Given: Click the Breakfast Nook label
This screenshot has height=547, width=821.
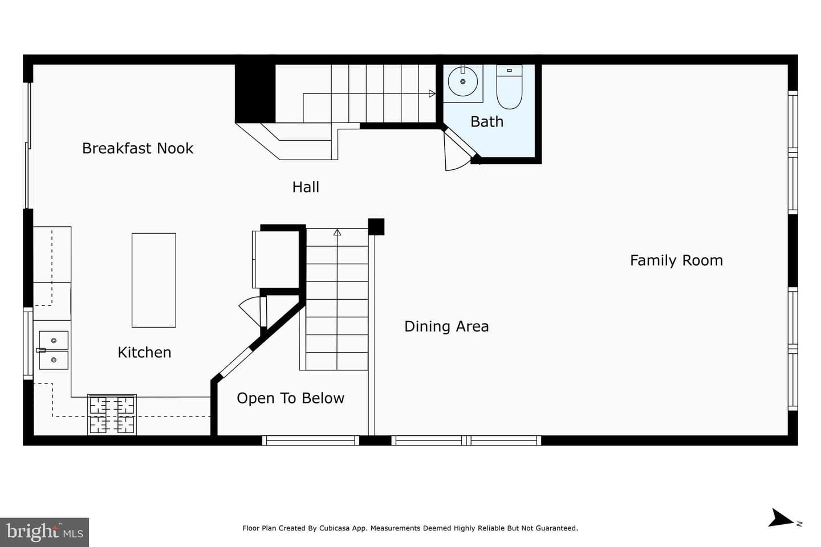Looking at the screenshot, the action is coord(137,148).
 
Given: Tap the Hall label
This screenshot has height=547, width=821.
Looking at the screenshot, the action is coord(306,187).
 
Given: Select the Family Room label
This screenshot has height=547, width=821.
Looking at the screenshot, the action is coord(676,260).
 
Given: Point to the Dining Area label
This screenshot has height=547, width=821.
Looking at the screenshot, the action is coord(446,326).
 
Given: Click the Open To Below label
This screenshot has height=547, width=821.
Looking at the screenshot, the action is coord(290,398).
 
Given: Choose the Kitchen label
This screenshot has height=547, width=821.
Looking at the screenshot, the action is coord(144,353).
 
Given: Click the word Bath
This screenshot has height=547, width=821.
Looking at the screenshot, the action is coord(487,121).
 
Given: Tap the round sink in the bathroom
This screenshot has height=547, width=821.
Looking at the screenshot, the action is coord(462,81).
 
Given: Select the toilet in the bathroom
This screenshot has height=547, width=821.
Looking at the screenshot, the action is coord(509,87).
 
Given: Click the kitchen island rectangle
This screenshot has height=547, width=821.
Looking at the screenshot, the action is coord(154,280).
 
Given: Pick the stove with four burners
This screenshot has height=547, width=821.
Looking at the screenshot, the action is coord(112,415).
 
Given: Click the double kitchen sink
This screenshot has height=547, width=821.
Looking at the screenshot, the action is coord(54,350).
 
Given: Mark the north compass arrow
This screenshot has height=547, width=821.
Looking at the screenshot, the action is coord(782,518).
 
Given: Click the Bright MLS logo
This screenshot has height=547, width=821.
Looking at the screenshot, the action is coord(44,532).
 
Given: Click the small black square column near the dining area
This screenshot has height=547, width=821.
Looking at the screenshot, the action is coord(376,227).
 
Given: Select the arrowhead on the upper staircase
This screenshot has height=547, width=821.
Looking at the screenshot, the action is coord(432,94).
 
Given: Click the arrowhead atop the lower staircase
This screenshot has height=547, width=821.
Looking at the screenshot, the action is coord(337,232).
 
